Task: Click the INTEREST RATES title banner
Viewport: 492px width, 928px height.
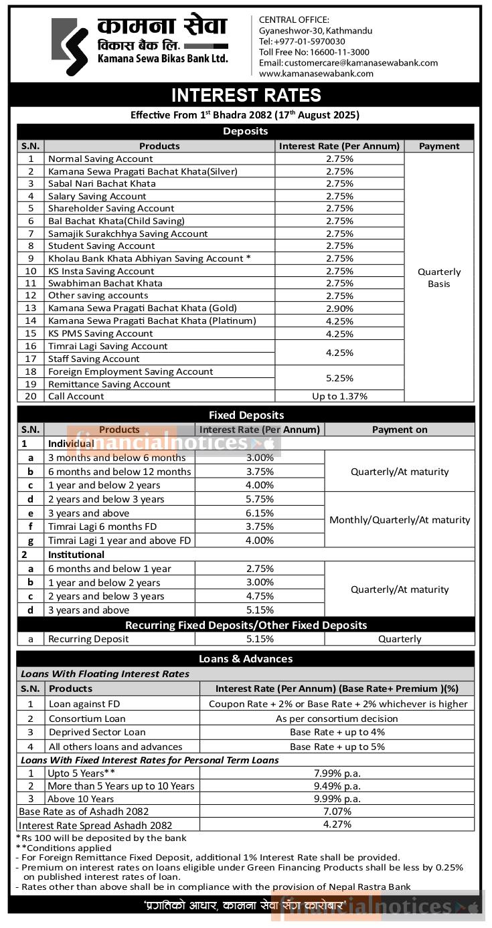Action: coord(246,95)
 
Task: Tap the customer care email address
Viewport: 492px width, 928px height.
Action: coord(348,63)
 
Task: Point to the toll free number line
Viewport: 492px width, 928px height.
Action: coord(314,52)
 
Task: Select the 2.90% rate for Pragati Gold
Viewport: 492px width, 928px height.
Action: coord(339,308)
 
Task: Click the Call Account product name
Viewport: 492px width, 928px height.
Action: coord(76,396)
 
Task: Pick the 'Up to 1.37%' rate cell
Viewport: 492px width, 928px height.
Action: coord(339,396)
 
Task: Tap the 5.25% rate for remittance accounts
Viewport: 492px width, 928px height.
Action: coord(339,378)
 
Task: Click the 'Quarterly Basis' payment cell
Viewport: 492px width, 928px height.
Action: coord(439,278)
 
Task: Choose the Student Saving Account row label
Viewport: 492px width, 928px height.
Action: coord(102,246)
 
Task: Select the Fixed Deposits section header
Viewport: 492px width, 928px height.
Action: coord(246,415)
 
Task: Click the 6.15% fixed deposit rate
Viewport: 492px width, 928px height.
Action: coord(260,513)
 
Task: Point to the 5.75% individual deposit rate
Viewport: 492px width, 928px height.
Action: coord(260,499)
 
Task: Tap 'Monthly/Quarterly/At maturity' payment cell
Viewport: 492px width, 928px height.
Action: coord(400,520)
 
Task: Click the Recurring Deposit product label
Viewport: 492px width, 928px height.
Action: coord(88,639)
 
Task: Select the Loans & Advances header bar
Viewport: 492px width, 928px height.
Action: coord(246,659)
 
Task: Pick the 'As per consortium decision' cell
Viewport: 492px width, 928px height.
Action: coord(337,719)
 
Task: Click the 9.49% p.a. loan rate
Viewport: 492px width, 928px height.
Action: coord(337,786)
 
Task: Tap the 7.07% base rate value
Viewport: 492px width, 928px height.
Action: coord(337,812)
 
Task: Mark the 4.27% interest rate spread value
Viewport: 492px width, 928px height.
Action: coord(337,825)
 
